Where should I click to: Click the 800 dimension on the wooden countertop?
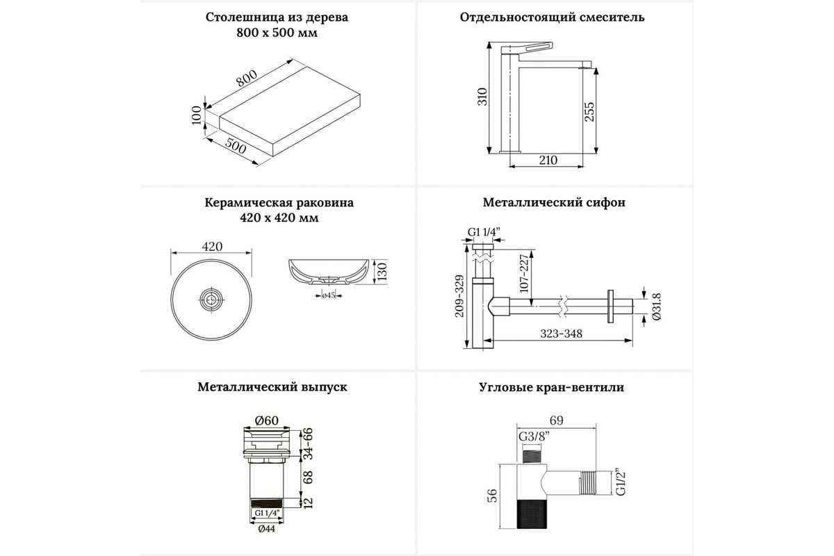click(247, 80)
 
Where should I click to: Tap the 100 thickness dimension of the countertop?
click(197, 115)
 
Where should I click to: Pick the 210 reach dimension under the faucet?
click(548, 161)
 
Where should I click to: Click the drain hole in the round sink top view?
click(211, 300)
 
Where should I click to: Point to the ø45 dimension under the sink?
click(329, 295)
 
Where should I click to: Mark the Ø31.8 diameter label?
click(657, 306)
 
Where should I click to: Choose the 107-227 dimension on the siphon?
click(525, 273)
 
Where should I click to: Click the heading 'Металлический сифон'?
click(554, 203)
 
